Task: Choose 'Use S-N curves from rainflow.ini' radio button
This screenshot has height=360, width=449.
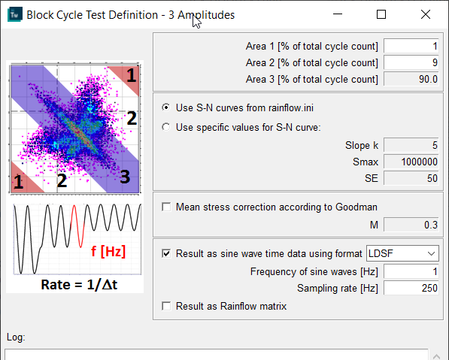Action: click(x=166, y=107)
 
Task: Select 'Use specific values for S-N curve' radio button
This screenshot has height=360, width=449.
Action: click(x=166, y=127)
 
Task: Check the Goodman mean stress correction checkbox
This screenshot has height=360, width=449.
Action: click(x=166, y=207)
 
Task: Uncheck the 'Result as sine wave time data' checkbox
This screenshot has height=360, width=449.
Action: click(x=166, y=254)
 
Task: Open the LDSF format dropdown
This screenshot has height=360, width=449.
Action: click(x=402, y=254)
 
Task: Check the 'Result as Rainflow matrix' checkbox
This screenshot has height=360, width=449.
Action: click(x=166, y=306)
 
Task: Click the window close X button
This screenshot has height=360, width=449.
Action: click(x=426, y=14)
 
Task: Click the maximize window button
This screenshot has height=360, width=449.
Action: click(x=381, y=14)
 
